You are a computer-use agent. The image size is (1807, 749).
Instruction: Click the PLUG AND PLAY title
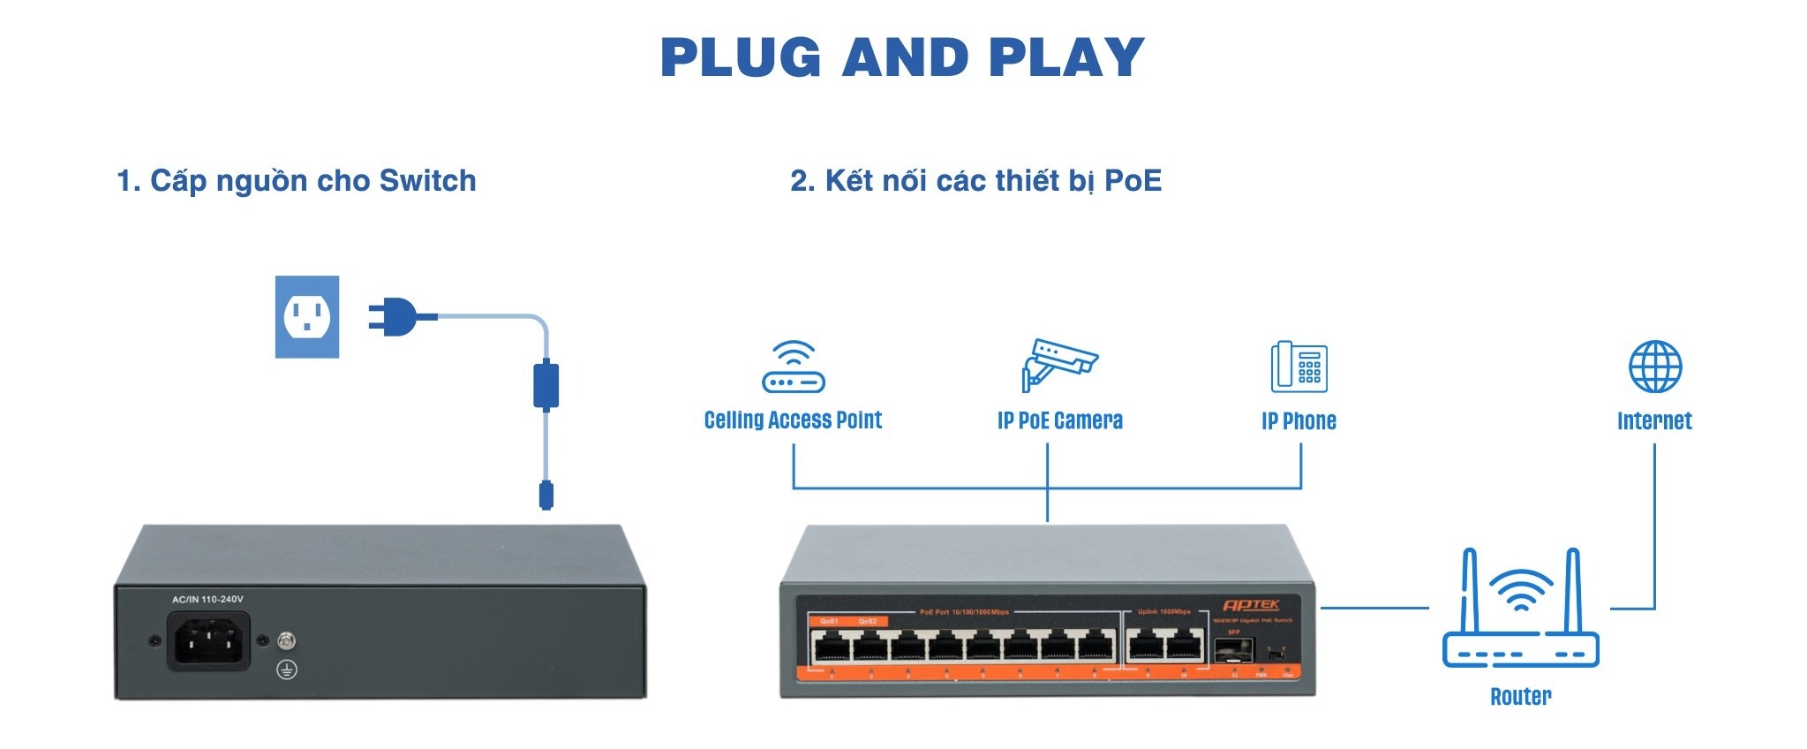point(902,57)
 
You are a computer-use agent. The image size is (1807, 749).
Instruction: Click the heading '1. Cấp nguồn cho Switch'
point(297,181)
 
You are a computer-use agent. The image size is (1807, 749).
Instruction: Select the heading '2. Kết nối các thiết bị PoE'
point(975,181)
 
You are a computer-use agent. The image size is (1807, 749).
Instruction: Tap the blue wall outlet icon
point(307,317)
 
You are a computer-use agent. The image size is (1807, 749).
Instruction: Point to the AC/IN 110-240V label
point(207,600)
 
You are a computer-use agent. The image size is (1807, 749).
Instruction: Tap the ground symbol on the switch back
point(286,670)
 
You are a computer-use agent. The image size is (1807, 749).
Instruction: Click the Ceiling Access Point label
point(793,420)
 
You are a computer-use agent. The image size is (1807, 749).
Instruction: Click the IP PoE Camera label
point(1059,421)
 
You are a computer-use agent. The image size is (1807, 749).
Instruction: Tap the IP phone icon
point(1299,367)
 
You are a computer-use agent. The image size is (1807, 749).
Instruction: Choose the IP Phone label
point(1299,421)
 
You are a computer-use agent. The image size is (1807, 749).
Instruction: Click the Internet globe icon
point(1654,367)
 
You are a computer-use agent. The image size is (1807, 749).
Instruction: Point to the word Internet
point(1654,421)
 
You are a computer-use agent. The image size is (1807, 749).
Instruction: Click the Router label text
point(1520,697)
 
